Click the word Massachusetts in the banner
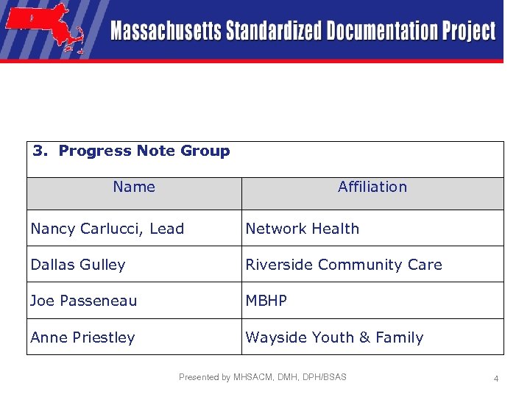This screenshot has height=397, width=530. coord(166,32)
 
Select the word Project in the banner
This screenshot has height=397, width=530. coord(469,32)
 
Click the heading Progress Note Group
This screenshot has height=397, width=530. coord(144,151)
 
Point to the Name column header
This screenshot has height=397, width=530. coord(134,187)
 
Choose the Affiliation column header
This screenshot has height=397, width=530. coord(372,187)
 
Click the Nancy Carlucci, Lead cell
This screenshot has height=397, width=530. coord(107,229)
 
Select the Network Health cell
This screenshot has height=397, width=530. coord(303,229)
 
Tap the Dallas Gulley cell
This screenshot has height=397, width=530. coord(78,265)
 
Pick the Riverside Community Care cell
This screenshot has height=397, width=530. coord(344,265)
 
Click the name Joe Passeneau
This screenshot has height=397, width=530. coord(84,301)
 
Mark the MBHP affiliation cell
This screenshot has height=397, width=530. coord(266,301)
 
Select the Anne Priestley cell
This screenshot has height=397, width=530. coord(83,337)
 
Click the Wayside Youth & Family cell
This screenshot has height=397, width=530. coord(334,337)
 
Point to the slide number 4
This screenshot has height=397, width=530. coord(496,379)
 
